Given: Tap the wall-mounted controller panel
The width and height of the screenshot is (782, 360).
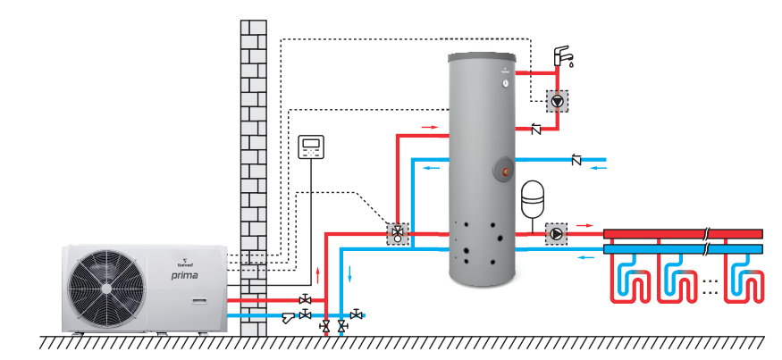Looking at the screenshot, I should tap(312, 147).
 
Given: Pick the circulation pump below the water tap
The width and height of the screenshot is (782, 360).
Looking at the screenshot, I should tap(558, 101).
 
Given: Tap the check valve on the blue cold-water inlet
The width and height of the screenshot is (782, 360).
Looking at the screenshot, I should tap(576, 161).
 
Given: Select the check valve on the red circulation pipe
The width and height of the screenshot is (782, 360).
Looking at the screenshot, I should tap(536, 130).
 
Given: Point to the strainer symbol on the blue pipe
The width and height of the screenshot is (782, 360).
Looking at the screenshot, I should tap(288, 316).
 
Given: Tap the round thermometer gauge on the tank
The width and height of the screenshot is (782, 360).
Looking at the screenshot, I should tap(505, 83).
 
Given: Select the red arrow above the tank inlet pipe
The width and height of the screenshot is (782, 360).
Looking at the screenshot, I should tap(430, 128).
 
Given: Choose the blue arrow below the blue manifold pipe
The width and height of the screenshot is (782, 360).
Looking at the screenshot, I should tap(585, 258).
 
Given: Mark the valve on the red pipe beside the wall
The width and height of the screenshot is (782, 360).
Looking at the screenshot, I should tap(305, 299).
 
